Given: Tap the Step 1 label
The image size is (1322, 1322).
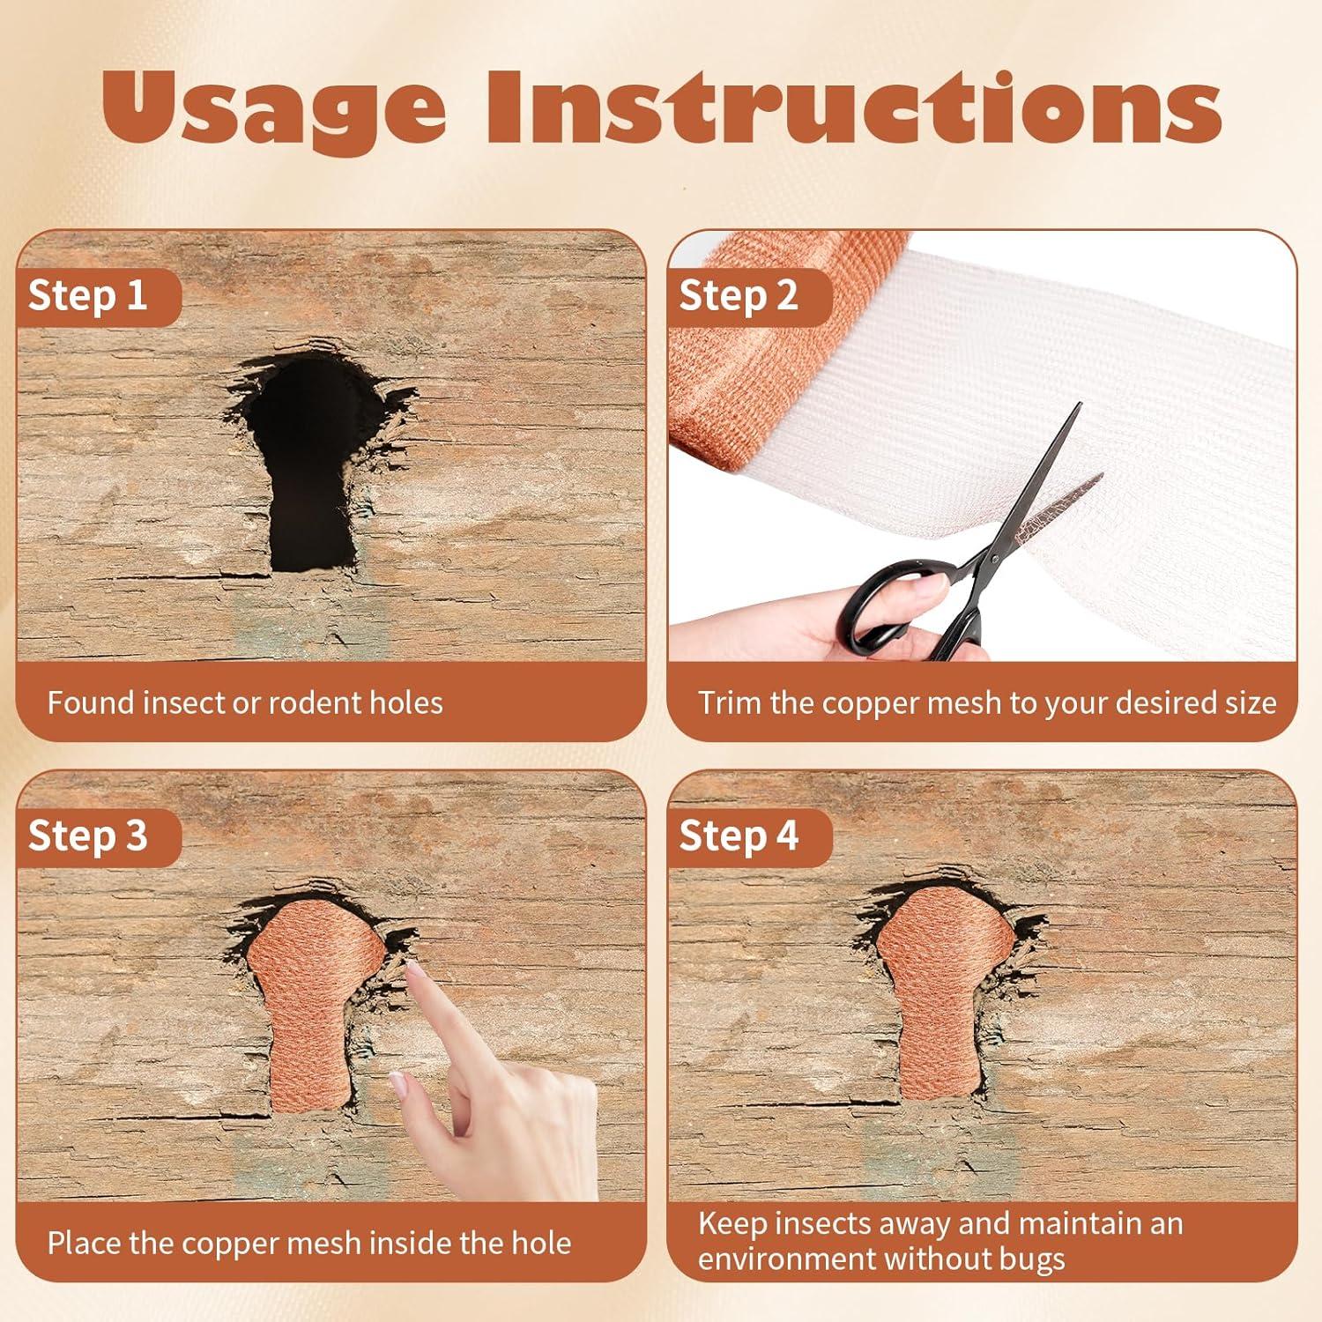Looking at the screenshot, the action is pos(87,296).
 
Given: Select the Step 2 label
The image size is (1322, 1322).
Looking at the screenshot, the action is pos(738,296).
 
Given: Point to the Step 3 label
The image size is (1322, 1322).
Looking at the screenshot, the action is pos(87,836).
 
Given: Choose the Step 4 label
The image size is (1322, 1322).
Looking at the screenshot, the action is pos(738,836).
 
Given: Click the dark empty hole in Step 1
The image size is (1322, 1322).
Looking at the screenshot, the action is pos(308,458).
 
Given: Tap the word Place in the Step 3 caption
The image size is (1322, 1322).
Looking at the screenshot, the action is pos(85,1244).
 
